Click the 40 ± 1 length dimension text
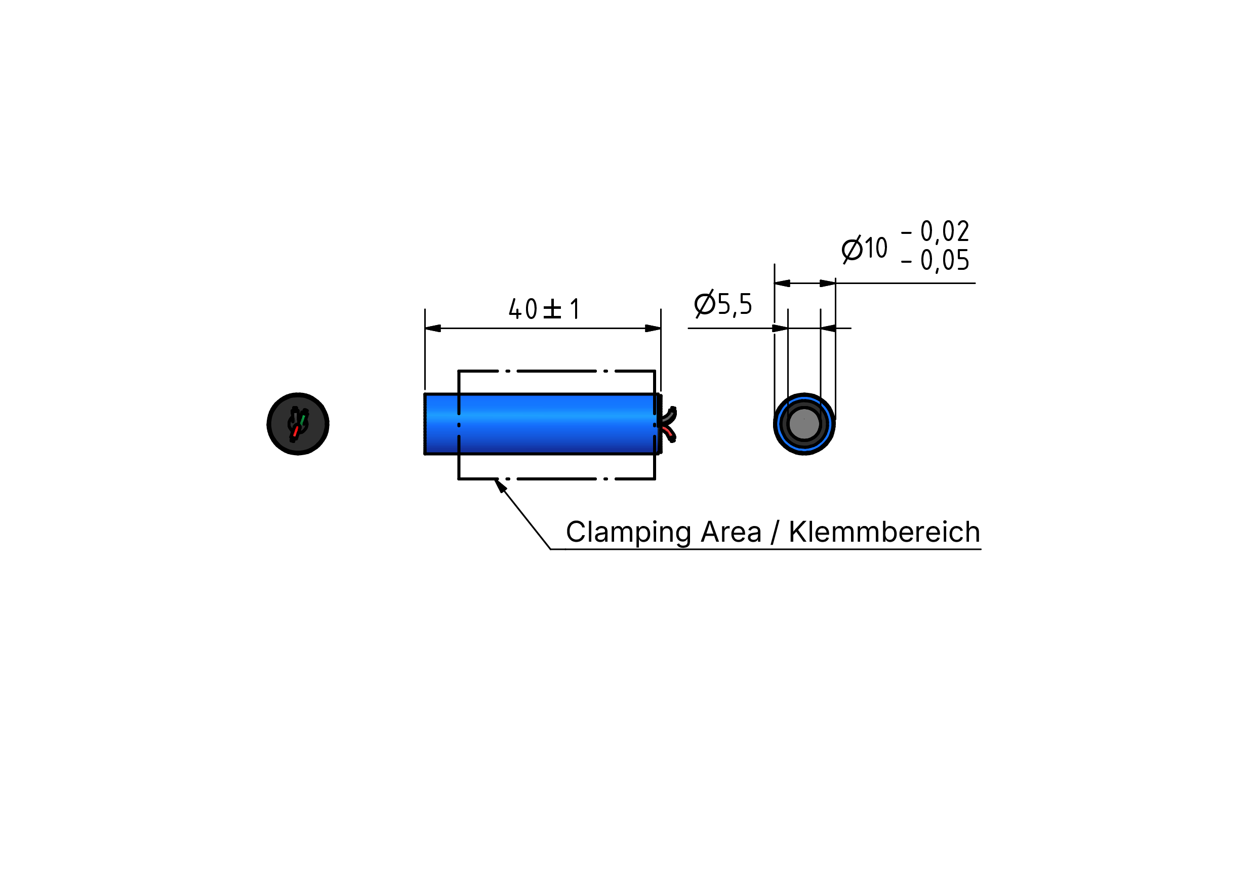click(544, 309)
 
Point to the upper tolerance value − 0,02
click(935, 231)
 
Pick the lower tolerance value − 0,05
click(935, 260)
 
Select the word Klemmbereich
click(884, 532)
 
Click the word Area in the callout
click(731, 532)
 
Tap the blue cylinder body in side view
click(541, 424)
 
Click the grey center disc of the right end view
click(804, 424)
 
